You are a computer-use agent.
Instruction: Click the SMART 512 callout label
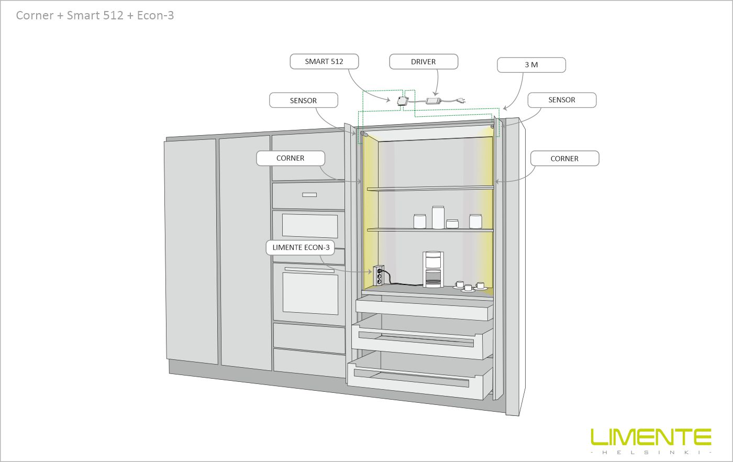click(x=324, y=62)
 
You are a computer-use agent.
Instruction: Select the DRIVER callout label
click(x=423, y=62)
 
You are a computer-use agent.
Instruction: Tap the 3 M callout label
click(x=531, y=65)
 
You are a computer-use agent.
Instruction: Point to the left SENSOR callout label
click(x=303, y=101)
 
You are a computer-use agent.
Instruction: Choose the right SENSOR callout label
click(x=561, y=100)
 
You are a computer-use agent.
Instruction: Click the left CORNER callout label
click(x=290, y=158)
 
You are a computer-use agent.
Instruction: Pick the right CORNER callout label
click(x=564, y=159)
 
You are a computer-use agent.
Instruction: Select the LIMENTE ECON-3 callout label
click(x=301, y=247)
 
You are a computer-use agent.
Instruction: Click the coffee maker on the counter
click(x=433, y=269)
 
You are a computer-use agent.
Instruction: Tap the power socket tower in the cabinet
click(x=378, y=276)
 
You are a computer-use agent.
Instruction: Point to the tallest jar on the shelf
click(x=438, y=217)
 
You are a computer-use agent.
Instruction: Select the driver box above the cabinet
click(x=434, y=101)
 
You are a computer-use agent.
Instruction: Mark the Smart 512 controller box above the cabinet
click(x=402, y=101)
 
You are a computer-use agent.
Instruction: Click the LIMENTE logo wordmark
click(x=651, y=437)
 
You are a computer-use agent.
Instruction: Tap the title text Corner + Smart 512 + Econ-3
click(x=95, y=16)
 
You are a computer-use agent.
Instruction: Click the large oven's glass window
click(x=310, y=293)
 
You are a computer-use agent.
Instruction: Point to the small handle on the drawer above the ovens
click(x=309, y=195)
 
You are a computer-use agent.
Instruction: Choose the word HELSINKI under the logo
click(x=651, y=452)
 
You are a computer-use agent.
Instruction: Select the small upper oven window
click(x=309, y=225)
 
